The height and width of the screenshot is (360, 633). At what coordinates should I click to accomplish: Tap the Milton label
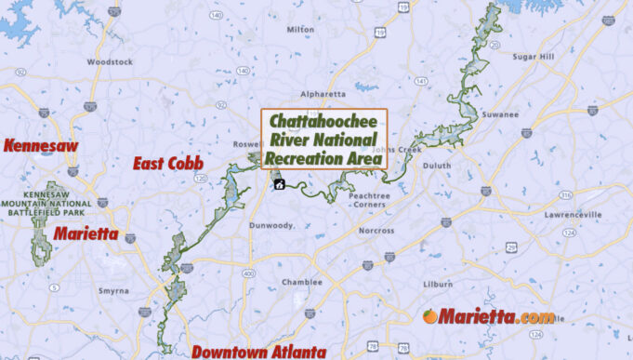pyautogui.click(x=300, y=29)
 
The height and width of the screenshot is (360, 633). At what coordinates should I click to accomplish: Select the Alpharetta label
pyautogui.click(x=323, y=94)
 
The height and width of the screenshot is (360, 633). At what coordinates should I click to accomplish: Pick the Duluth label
pyautogui.click(x=437, y=167)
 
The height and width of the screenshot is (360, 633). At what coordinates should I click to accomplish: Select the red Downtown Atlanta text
pyautogui.click(x=258, y=352)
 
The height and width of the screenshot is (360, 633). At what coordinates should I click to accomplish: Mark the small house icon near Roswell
pyautogui.click(x=279, y=184)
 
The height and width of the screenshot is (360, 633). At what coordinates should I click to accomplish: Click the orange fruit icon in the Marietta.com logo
pyautogui.click(x=429, y=316)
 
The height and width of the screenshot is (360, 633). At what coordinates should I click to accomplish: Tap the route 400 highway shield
pyautogui.click(x=250, y=273)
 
